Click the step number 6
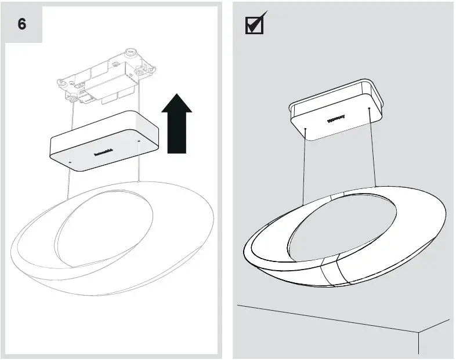(x=22, y=25)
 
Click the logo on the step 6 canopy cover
(x=106, y=152)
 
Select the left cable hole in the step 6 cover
(x=70, y=162)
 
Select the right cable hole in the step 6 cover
(x=139, y=140)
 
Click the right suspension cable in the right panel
(x=372, y=148)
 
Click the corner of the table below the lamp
(x=418, y=333)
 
